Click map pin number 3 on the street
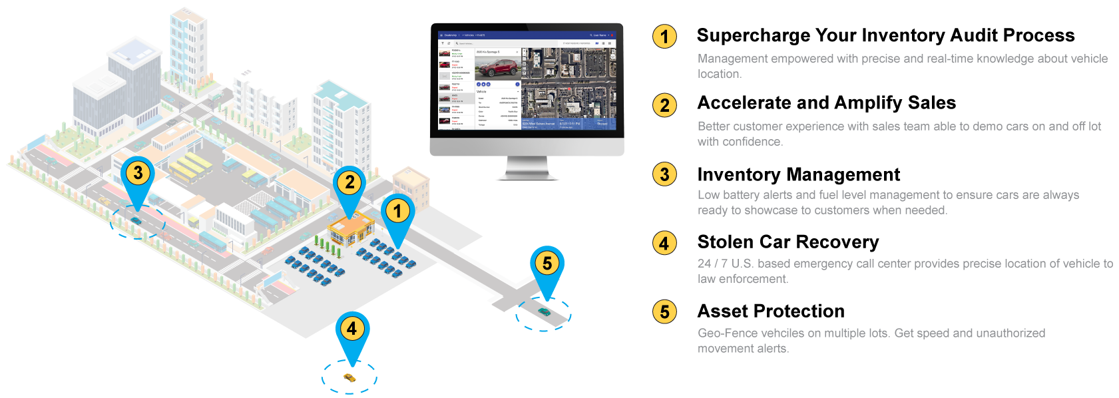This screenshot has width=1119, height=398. (x=138, y=174)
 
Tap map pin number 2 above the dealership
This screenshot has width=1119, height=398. (x=349, y=182)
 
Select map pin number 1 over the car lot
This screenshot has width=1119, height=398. (x=397, y=212)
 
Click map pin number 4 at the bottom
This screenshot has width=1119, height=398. (x=352, y=329)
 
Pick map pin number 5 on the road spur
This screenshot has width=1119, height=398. (x=547, y=264)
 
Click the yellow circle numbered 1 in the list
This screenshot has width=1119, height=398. (x=664, y=37)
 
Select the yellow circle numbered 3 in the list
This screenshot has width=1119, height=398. (x=664, y=174)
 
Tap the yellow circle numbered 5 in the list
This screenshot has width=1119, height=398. (x=664, y=311)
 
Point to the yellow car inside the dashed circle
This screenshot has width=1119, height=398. (x=349, y=378)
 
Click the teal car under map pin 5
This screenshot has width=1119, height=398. (x=545, y=311)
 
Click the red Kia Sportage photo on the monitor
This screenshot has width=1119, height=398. (x=497, y=67)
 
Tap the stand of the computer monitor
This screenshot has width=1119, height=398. (x=527, y=168)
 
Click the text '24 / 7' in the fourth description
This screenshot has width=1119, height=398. (x=712, y=264)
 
